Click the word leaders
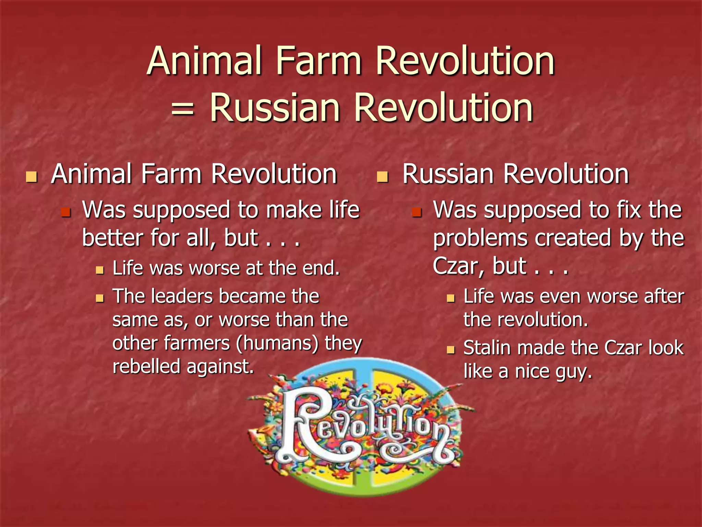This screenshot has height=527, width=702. pyautogui.click(x=182, y=296)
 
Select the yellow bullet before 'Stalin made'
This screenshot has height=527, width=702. pyautogui.click(x=450, y=350)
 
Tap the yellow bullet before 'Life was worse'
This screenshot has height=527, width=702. pyautogui.click(x=100, y=270)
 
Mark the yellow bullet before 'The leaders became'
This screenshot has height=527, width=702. pyautogui.click(x=100, y=298)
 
